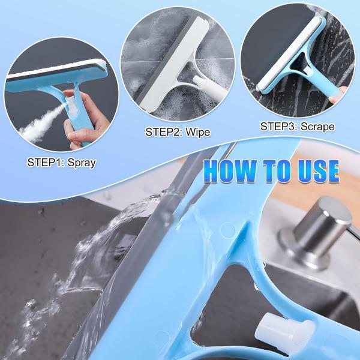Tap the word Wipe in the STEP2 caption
coord(197,131)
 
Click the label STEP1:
coord(46,163)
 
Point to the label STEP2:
coord(164,131)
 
